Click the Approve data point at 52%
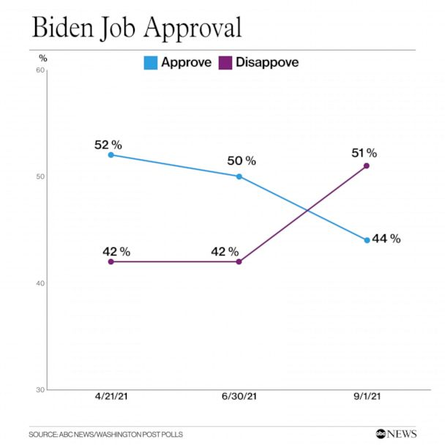pyautogui.click(x=111, y=154)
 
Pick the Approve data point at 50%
pyautogui.click(x=239, y=176)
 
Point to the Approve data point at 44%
pyautogui.click(x=367, y=240)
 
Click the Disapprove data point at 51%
pyautogui.click(x=367, y=165)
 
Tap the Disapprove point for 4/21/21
pyautogui.click(x=111, y=261)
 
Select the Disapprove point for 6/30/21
pyautogui.click(x=239, y=261)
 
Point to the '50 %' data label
pyautogui.click(x=242, y=160)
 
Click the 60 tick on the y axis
pyautogui.click(x=40, y=70)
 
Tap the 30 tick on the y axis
pyautogui.click(x=40, y=389)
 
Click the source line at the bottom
pyautogui.click(x=106, y=434)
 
